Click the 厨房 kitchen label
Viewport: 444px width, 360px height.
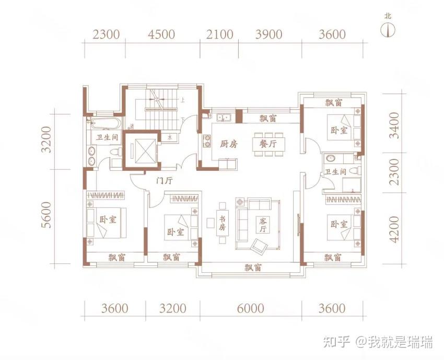[229, 144]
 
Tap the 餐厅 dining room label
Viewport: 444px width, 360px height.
[268, 144]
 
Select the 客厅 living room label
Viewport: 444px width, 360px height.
[263, 224]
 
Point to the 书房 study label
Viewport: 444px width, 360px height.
[222, 224]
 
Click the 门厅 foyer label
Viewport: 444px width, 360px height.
[164, 181]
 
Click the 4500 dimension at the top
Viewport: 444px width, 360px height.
[161, 34]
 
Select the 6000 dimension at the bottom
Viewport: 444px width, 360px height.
[250, 308]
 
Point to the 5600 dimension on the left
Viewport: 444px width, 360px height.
[46, 215]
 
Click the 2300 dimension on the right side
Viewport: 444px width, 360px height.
[394, 172]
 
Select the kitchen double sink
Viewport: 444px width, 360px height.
[224, 117]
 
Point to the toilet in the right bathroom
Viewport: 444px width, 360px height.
[356, 170]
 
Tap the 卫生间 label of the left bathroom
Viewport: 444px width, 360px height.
[107, 137]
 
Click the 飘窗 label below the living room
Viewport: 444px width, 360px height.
[253, 268]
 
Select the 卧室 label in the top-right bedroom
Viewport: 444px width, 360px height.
[339, 130]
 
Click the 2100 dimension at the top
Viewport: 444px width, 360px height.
[219, 34]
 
